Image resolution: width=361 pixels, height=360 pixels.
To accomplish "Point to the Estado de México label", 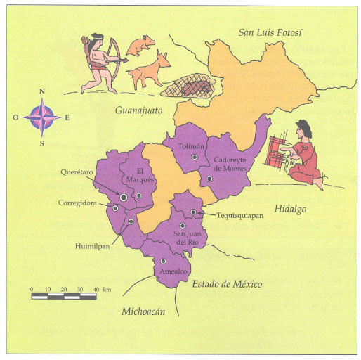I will [226, 284].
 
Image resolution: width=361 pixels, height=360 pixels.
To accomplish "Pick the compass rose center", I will [42, 116].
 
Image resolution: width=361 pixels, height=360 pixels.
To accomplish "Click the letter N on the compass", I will [42, 91].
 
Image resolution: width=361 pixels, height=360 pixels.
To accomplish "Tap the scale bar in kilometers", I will [65, 296].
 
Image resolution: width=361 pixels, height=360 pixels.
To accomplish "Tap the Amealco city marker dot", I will [163, 262].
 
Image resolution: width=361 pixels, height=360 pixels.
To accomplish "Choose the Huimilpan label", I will [92, 246].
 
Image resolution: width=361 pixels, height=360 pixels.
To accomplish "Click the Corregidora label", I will [77, 203].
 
